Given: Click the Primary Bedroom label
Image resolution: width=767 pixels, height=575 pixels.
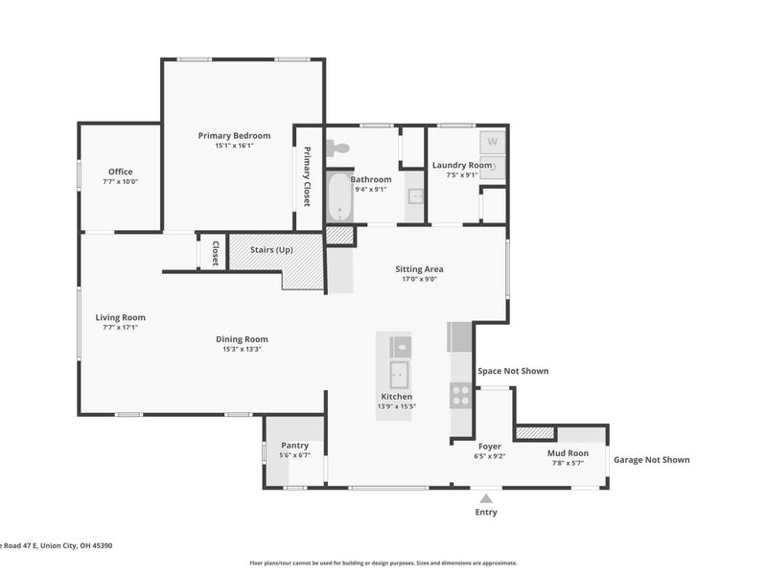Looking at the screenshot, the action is pos(234,135).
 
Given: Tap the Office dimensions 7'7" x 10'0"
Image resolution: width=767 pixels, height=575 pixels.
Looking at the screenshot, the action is pos(121,181).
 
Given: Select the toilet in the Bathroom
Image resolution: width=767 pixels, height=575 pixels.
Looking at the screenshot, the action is pos(338,148).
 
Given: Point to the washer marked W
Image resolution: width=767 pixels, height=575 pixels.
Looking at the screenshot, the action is pos(492,142).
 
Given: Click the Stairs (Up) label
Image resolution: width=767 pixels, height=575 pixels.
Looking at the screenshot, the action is pos(271,250).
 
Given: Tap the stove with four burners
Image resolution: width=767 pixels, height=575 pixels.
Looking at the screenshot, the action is pos(460,395).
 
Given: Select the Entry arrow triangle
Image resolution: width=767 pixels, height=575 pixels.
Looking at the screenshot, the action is pos(486,498).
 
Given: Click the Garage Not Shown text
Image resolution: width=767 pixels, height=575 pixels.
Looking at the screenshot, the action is pos(652,460).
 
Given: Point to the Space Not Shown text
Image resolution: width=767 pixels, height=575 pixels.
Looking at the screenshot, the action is pos(513,371).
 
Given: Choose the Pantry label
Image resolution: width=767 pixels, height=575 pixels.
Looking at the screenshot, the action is pos(295,446).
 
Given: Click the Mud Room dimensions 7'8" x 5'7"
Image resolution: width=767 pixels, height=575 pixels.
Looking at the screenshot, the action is pos(568,463).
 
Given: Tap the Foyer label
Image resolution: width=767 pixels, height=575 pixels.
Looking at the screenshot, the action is pos(490,447).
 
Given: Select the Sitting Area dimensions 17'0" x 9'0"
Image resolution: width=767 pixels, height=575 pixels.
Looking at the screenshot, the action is pos(419,279).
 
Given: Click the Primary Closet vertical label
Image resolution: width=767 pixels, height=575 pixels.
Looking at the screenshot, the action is pos(307,176).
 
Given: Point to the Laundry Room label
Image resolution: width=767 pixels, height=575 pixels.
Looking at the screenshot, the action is pos(462,165).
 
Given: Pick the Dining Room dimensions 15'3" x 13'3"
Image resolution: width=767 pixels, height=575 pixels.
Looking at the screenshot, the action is pos(243,349).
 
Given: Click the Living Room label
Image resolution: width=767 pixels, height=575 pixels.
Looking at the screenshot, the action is pos(121,317).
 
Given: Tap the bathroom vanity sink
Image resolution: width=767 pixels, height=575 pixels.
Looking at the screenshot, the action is pos(415,196).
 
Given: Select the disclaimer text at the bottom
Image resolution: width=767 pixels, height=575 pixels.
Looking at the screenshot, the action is pos(383,563).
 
